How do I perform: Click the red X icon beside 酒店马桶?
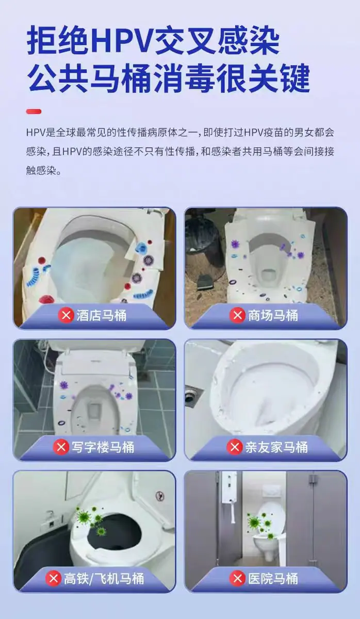[66, 315]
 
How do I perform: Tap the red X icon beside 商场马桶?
[237, 315]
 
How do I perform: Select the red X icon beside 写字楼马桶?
[61, 447]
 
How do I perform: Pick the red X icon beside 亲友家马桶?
[235, 447]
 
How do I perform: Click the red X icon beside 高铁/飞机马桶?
[53, 578]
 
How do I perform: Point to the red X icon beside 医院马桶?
[237, 578]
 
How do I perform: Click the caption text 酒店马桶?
[102, 315]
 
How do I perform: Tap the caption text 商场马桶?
[273, 315]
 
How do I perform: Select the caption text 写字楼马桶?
[103, 447]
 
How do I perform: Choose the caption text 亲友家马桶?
[276, 447]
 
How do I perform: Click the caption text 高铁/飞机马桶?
[104, 579]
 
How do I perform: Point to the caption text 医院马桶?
[273, 579]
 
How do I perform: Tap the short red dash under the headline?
[34, 111]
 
